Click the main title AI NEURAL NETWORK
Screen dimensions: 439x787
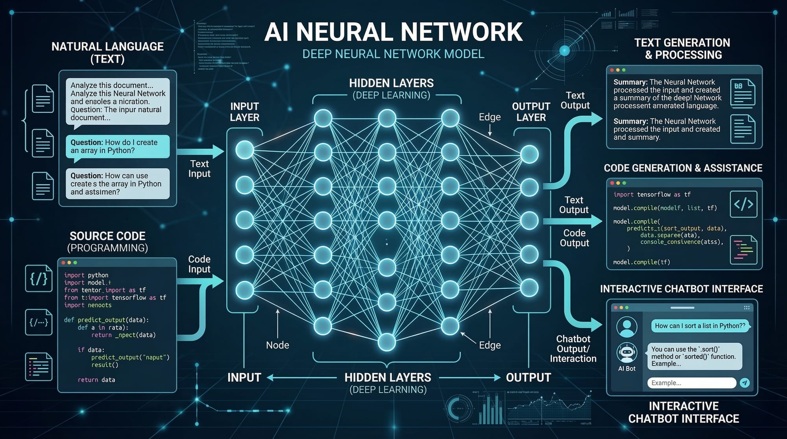(x=393, y=32)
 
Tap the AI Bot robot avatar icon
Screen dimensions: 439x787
(x=626, y=352)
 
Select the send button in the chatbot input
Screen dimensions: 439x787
(x=745, y=383)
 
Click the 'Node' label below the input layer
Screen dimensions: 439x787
(x=277, y=345)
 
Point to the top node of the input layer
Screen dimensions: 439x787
(x=244, y=150)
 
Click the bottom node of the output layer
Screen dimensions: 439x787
(x=529, y=288)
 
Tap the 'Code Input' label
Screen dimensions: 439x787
(x=199, y=264)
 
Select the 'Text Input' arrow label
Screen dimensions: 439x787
(x=199, y=168)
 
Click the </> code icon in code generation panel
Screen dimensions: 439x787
(x=743, y=204)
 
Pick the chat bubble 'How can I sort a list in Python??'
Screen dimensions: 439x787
(x=700, y=326)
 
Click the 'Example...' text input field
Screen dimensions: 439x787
(x=691, y=383)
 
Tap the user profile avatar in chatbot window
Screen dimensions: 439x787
(x=626, y=327)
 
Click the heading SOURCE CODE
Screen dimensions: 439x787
(x=107, y=236)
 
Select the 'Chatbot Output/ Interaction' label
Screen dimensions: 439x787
(x=573, y=349)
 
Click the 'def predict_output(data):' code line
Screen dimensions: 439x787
(x=106, y=320)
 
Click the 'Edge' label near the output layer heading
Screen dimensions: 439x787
(x=490, y=117)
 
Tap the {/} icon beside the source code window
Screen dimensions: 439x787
(x=39, y=279)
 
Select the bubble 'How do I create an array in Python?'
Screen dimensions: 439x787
(x=117, y=146)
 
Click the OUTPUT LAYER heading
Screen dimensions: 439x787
(x=531, y=112)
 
